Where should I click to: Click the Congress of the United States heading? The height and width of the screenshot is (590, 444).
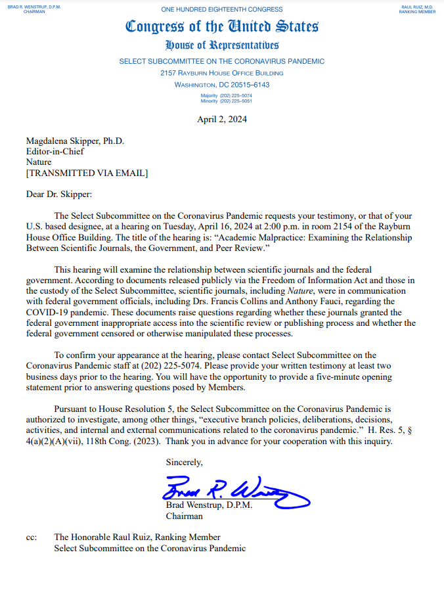(222, 27)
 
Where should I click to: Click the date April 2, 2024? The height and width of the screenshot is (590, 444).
(222, 119)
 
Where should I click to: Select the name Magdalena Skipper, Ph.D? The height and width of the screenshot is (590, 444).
(75, 141)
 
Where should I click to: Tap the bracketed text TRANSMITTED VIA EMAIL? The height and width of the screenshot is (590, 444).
(87, 173)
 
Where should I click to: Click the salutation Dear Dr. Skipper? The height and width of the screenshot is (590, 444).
(59, 194)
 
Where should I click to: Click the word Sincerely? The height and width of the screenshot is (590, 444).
(184, 463)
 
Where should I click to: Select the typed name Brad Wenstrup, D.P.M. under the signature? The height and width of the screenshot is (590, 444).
(209, 505)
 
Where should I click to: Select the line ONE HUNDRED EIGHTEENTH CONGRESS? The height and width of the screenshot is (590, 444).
(222, 10)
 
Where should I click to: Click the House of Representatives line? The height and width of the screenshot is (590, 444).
(222, 45)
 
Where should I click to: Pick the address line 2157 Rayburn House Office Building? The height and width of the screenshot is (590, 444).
(222, 73)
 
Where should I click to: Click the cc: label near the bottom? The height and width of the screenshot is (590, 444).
(32, 537)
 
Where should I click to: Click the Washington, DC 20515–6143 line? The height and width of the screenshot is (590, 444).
(222, 85)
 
